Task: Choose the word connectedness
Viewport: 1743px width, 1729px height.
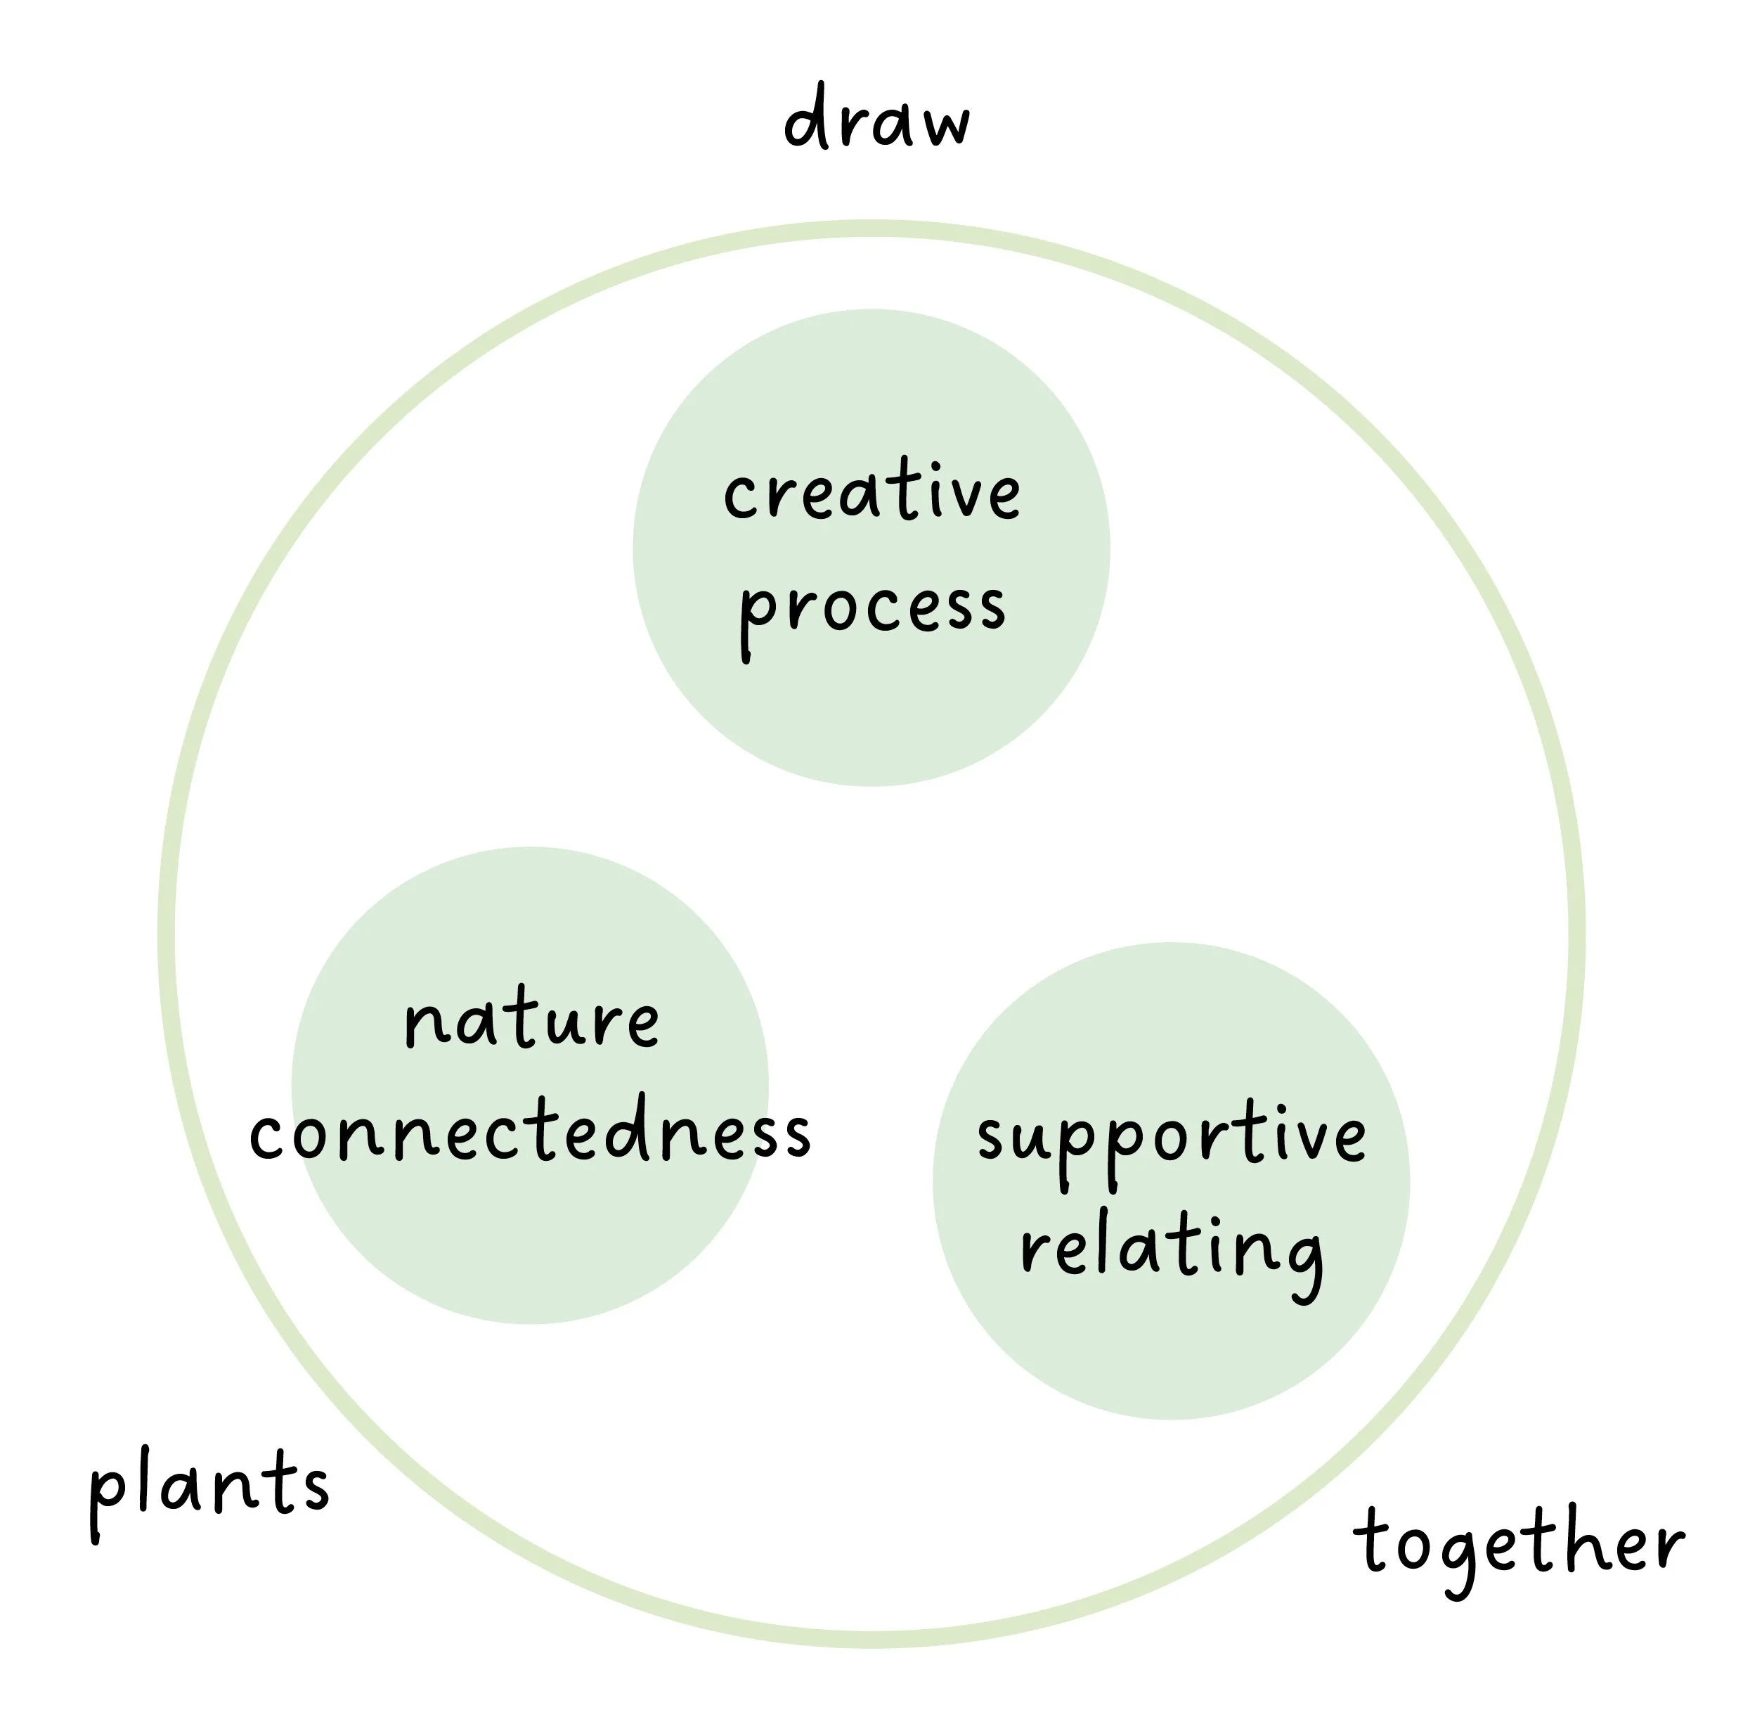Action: tap(531, 1133)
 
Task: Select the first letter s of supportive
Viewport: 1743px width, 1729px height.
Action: tap(992, 1139)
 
